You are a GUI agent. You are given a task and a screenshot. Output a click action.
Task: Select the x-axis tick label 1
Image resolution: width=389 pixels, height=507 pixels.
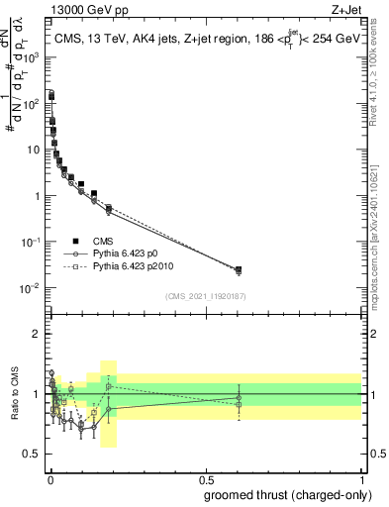[362, 479]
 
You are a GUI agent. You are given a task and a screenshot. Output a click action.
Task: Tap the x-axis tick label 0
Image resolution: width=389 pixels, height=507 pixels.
[49, 479]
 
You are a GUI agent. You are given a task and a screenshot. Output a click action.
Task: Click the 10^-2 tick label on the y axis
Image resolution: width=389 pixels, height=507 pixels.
[32, 288]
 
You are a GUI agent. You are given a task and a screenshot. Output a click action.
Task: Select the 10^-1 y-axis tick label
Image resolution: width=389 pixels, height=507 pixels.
[32, 242]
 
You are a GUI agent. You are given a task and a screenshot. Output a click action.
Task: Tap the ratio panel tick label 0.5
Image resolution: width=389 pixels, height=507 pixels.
[32, 454]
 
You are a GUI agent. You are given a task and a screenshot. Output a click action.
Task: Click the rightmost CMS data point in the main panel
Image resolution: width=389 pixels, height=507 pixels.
[238, 269]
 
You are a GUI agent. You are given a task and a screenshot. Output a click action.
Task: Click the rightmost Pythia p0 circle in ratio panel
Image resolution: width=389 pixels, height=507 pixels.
[238, 398]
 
